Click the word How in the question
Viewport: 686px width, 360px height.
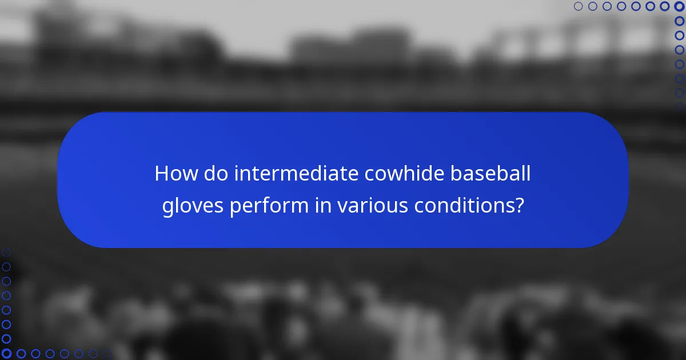[173, 174]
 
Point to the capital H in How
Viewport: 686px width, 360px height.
[162, 174]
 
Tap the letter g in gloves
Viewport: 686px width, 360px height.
[168, 207]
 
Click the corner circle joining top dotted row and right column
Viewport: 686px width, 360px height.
[679, 6]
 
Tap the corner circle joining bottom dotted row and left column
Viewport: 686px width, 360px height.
[6, 354]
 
